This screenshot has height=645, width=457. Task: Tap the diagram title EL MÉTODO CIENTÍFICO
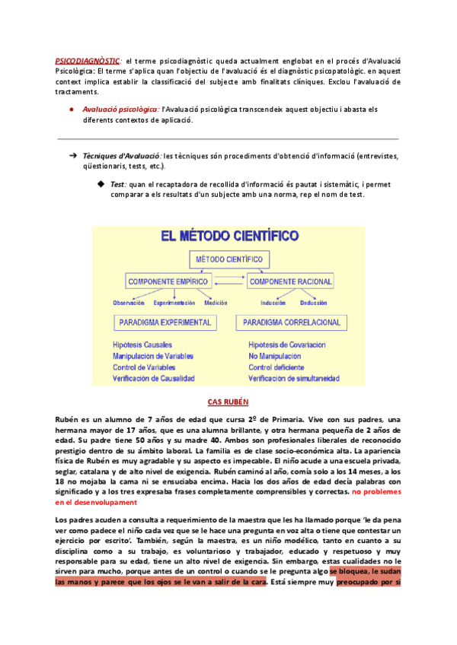tap(229, 237)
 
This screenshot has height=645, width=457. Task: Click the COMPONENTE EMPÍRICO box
tap(168, 281)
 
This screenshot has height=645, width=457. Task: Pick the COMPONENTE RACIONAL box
tap(290, 281)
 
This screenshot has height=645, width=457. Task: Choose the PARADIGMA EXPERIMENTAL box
tap(164, 322)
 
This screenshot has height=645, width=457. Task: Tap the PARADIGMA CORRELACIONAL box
tap(292, 322)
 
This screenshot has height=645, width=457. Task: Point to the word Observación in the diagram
tap(129, 302)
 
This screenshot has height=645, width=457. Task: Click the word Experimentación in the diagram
tap(174, 302)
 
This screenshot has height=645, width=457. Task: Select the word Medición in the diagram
tap(216, 302)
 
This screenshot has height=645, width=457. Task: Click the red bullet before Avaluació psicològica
tap(71, 109)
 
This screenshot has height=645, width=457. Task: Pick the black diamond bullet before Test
tap(100, 183)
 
